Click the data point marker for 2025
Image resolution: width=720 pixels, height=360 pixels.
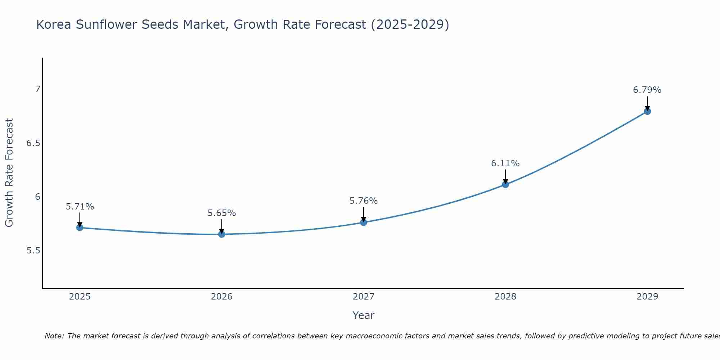coord(80,228)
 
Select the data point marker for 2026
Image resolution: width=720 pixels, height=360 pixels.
coord(222,234)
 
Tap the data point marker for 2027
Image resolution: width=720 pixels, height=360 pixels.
coord(364,222)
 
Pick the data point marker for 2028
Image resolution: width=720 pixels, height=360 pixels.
coord(505,185)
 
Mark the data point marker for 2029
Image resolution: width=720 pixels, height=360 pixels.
coord(647,111)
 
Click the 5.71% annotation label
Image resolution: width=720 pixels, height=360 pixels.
coord(80,207)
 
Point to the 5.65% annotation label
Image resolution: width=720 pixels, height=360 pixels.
coord(222,213)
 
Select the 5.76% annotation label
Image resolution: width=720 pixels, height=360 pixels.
coord(364,201)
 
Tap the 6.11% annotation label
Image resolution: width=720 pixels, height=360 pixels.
coord(505,163)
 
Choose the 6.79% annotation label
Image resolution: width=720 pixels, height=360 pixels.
coord(647,90)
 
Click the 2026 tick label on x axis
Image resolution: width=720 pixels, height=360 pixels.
coord(222,297)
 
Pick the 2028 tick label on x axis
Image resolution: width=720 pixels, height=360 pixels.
coord(505,297)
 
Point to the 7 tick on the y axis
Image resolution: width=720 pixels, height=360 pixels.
coord(37,89)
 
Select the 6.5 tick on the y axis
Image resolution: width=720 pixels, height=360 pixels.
coord(33,143)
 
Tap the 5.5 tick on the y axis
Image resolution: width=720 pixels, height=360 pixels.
coord(33,251)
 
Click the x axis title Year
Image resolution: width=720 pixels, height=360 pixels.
coord(364,315)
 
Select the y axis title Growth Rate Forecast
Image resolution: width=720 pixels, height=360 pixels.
coord(9,173)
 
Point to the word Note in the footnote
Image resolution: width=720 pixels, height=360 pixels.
coord(54,336)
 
